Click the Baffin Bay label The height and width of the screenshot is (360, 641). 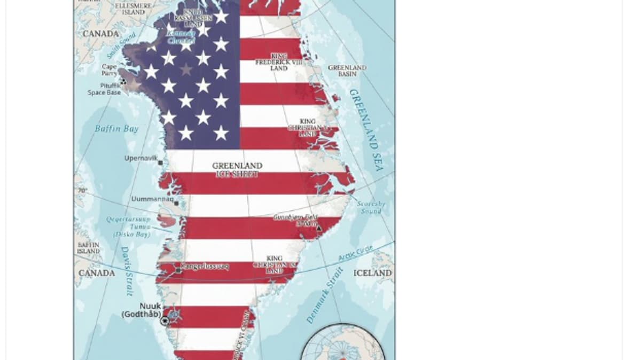coord(116,129)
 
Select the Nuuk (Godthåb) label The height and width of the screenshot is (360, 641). coord(142,310)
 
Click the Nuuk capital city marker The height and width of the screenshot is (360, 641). coord(165,321)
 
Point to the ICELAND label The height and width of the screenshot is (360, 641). coord(372,273)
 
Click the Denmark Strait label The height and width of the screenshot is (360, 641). coord(325,302)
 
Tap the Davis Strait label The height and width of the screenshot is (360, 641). coord(127,271)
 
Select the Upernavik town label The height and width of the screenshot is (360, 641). coord(140,159)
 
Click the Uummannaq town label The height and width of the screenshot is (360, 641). coord(152,199)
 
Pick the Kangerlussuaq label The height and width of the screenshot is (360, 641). coord(205,266)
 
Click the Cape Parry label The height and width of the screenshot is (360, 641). coord(109,70)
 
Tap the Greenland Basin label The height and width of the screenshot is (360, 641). coord(347,71)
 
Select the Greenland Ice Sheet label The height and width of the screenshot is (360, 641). coord(237,170)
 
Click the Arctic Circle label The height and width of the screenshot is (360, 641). coord(356,253)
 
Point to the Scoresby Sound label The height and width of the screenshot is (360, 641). coord(371,207)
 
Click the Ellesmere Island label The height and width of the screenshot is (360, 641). coord(133,9)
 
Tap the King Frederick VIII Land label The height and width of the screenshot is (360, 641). coord(278,62)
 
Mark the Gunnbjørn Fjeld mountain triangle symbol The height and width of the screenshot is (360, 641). coord(319,229)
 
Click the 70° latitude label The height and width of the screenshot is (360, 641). coord(82,191)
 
